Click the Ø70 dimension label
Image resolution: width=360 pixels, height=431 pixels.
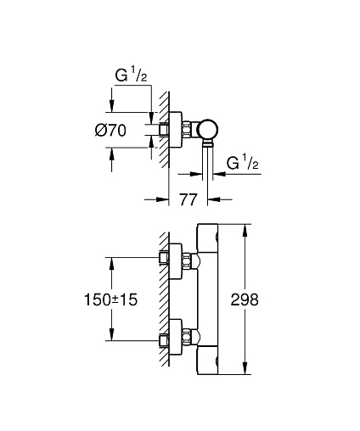point(110,131)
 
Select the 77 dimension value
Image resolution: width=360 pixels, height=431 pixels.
point(188,199)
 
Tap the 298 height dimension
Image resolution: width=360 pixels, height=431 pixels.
point(245,299)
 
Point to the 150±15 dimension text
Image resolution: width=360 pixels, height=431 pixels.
point(111,299)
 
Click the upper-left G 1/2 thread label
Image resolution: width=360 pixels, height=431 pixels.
point(131,76)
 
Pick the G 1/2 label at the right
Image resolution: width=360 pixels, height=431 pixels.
point(243,163)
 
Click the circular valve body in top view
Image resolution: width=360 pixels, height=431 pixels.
point(208,130)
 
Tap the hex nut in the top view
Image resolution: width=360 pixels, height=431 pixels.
point(186,130)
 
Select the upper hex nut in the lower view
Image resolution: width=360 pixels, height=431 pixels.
point(186,261)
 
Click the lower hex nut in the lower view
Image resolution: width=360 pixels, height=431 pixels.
point(186,337)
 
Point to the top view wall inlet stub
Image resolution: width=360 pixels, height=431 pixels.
point(164,130)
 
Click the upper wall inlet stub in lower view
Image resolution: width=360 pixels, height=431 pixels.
point(164,258)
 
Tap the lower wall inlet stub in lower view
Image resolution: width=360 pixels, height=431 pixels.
point(164,340)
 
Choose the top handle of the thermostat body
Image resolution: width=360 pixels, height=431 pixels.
point(207,238)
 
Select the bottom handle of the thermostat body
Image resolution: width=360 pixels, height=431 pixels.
point(207,361)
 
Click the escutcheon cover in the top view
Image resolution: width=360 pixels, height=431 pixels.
point(176,130)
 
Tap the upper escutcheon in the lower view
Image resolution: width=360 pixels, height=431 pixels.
point(176,261)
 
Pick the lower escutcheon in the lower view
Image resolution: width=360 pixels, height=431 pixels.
point(176,337)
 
